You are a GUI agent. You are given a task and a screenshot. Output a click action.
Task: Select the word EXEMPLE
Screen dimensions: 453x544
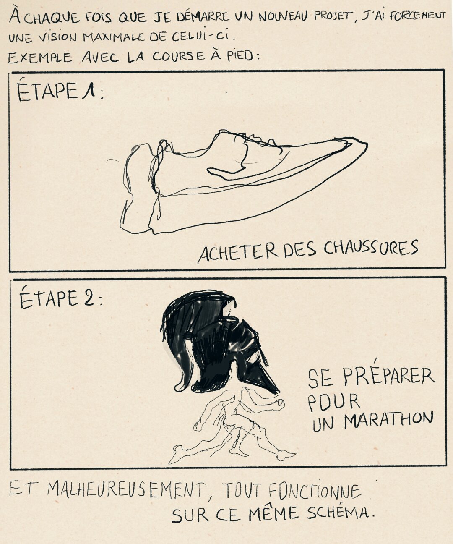[x=40, y=58]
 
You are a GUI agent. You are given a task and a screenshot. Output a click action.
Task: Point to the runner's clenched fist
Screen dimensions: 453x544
[x=279, y=404]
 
